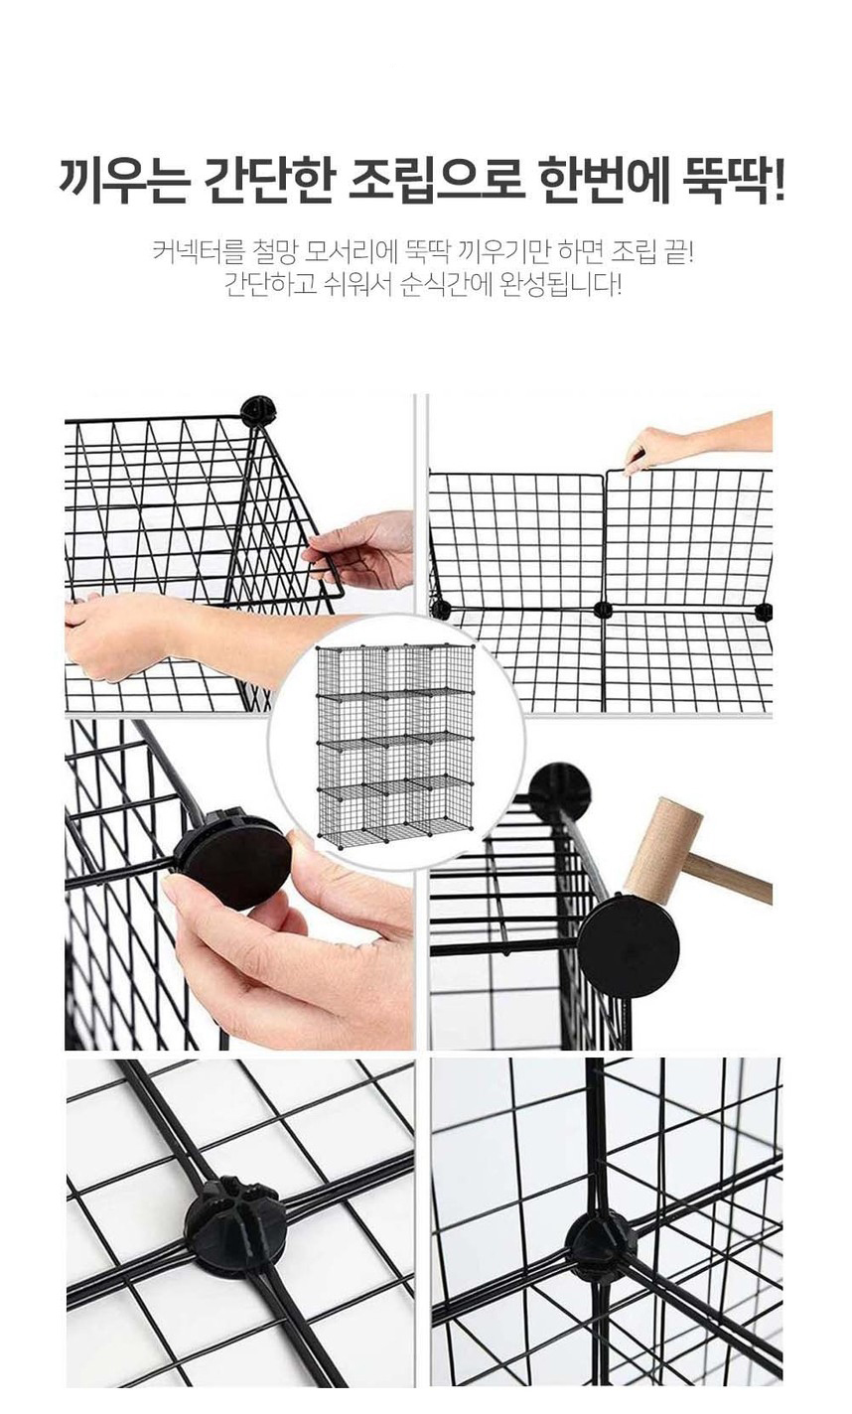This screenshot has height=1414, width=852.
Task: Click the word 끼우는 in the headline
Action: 124,183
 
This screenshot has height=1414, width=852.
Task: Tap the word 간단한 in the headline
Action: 267,183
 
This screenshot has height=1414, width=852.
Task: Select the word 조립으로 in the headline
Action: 436,183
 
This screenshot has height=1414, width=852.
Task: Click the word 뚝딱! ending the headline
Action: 734,183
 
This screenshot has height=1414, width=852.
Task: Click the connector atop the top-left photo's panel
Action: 259,411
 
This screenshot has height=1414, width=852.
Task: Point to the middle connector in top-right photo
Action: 604,610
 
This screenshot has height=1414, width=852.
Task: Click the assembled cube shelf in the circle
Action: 395,744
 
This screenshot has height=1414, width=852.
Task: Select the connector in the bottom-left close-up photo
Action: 234,1225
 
